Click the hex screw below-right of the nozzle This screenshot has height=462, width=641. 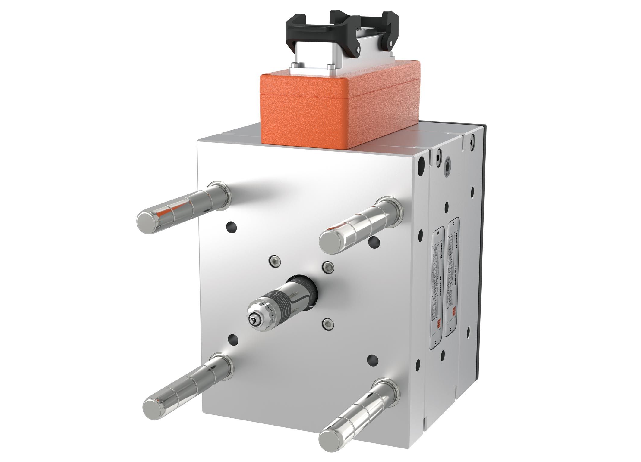328,324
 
